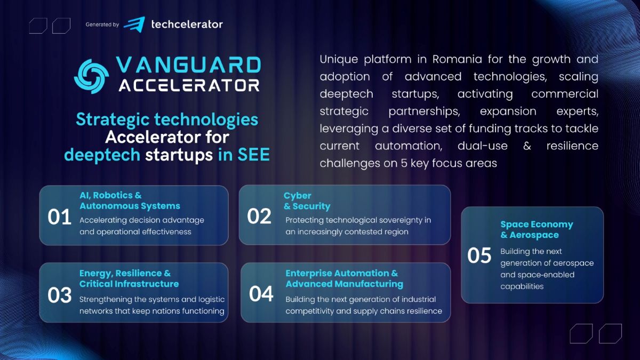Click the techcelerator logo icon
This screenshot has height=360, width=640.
coord(134,24)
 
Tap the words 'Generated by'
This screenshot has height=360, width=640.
coord(102,25)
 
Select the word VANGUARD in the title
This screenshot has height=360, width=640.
coord(188,66)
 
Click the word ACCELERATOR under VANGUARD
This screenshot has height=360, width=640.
coord(189,85)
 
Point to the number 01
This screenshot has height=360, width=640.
coord(60,217)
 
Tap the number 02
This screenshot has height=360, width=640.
coord(260,217)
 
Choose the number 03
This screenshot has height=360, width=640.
coord(60,295)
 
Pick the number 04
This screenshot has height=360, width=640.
coord(261,294)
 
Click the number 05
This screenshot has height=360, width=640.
coord(479,255)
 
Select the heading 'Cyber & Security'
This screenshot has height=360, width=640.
coord(307,201)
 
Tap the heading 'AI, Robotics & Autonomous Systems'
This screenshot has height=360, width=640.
coord(130,201)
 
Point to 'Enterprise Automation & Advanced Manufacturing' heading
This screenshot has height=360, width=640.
coord(344,278)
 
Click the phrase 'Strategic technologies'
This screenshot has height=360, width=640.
coord(167,119)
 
